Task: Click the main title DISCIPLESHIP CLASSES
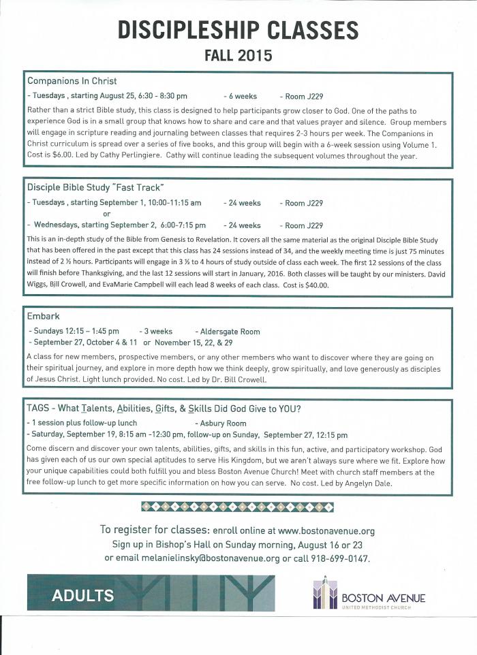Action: point(238,29)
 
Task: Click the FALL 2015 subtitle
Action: point(238,54)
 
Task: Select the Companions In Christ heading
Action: point(72,80)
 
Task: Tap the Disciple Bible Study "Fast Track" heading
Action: point(95,187)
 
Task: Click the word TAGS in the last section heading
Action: point(38,409)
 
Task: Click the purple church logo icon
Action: point(326,594)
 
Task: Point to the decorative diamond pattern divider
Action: point(237,507)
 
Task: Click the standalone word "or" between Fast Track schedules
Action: point(106,214)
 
